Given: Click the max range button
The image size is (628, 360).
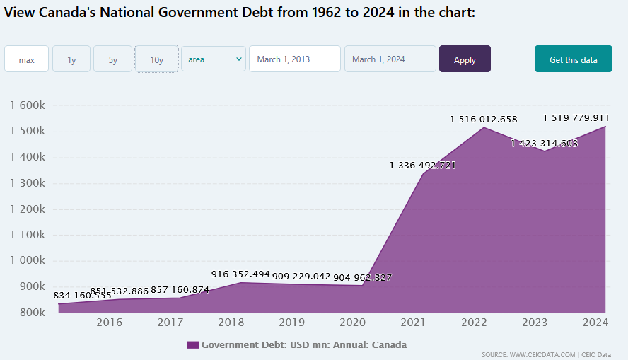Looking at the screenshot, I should click(27, 59).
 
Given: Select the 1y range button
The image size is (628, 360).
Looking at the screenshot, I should click(71, 59).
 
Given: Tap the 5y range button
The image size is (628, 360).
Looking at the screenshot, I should click(112, 59).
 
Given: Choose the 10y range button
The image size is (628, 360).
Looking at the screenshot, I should click(156, 59).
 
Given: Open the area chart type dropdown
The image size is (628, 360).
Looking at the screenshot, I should click(214, 59).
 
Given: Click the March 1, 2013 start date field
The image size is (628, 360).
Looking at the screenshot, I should click(294, 59).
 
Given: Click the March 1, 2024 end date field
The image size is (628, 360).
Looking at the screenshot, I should click(390, 59).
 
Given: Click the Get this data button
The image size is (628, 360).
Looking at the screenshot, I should click(573, 59).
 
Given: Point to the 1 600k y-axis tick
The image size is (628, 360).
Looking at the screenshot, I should click(28, 105).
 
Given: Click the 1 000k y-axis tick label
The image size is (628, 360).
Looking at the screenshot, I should click(28, 260).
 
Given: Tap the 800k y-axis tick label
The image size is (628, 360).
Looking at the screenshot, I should click(32, 312).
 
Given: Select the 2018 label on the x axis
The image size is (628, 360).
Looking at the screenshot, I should click(231, 323).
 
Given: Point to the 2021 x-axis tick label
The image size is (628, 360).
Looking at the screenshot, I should click(414, 323).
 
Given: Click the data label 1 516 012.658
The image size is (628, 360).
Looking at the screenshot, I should click(484, 120).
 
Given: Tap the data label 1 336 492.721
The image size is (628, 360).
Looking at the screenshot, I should click(422, 166).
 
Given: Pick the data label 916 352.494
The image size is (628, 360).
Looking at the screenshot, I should click(240, 274).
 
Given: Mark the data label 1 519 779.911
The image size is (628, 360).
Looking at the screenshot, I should click(576, 118).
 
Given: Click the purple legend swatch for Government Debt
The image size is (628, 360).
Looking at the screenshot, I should click(192, 345).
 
